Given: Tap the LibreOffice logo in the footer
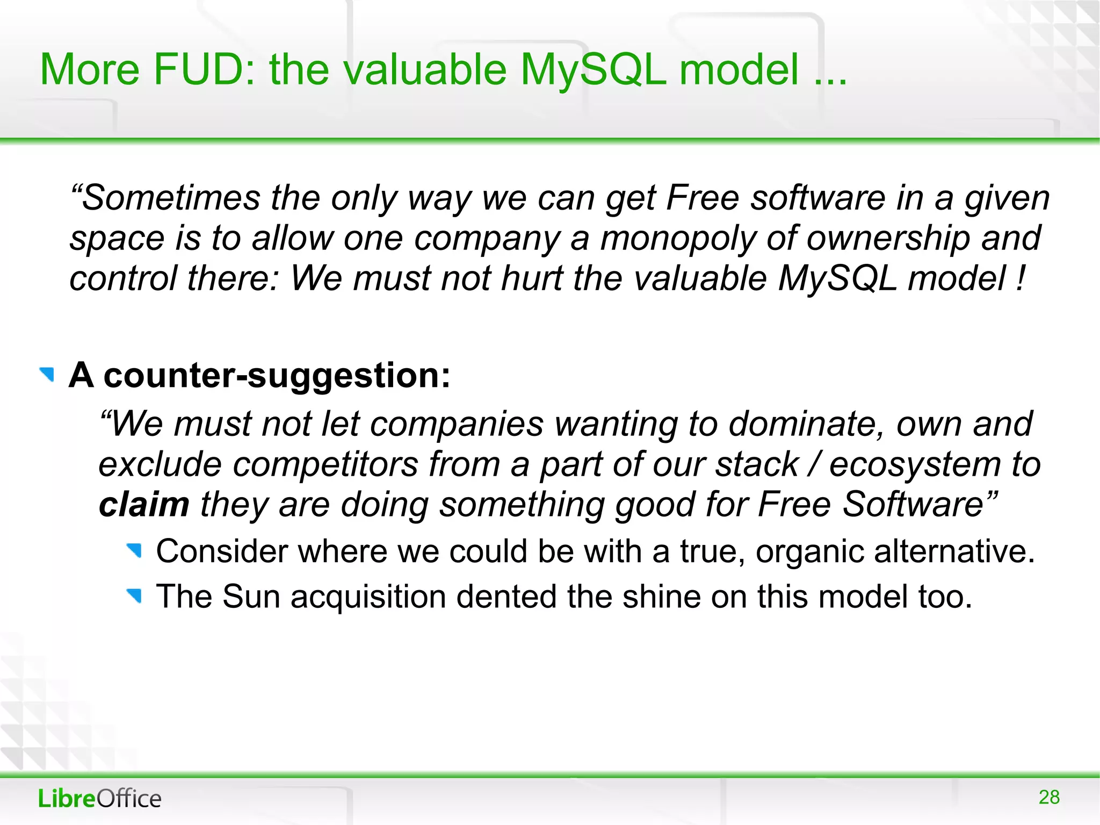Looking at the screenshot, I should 99,798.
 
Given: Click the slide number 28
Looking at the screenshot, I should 1048,797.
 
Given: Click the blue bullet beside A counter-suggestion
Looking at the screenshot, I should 47,375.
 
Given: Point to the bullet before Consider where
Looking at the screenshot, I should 134,550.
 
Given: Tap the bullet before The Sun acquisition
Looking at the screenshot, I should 134,596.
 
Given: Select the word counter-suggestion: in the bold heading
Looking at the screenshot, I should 277,375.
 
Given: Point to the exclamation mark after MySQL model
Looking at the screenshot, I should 1020,278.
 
